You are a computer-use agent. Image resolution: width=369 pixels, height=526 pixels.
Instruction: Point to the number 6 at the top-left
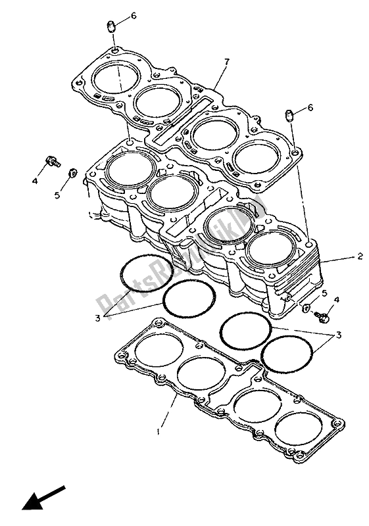(134, 16)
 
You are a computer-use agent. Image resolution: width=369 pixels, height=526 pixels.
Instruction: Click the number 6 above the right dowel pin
(310, 108)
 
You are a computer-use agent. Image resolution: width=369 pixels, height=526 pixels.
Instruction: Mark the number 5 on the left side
(57, 195)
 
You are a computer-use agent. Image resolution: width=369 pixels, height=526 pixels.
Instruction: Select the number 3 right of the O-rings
(339, 335)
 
